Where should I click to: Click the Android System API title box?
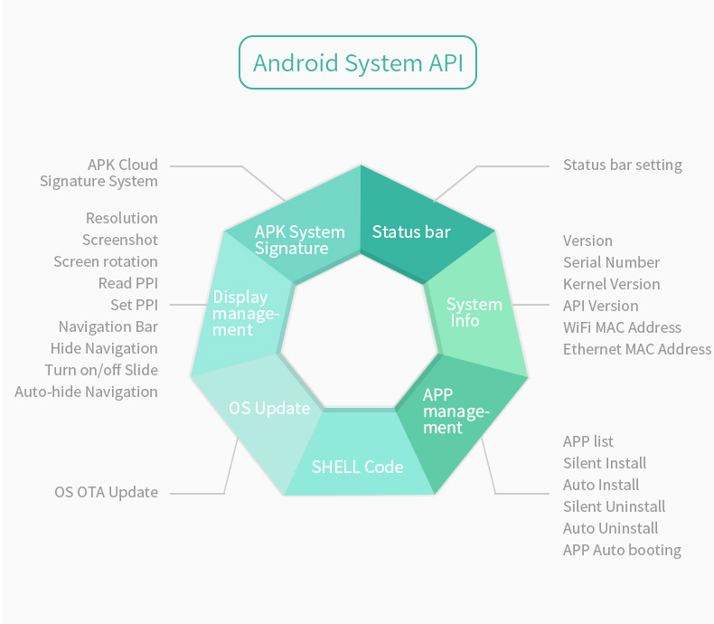pos(357,62)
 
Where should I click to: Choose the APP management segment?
pos(456,411)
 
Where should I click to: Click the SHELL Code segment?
pos(357,467)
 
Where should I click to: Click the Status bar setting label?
pos(622,165)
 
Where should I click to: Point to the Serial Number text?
pos(611,262)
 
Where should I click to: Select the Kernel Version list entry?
pos(611,284)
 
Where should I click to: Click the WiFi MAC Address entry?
pos(622,327)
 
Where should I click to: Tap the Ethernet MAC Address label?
pos(636,349)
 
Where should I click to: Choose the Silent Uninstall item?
pos(614,506)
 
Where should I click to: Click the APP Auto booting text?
pos(622,550)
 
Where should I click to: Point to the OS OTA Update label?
pos(106,492)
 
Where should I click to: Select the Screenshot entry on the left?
pos(119,240)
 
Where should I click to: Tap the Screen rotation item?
pos(105,261)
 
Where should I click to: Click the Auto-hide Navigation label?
pos(86,392)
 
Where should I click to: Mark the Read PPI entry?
pos(127,283)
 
